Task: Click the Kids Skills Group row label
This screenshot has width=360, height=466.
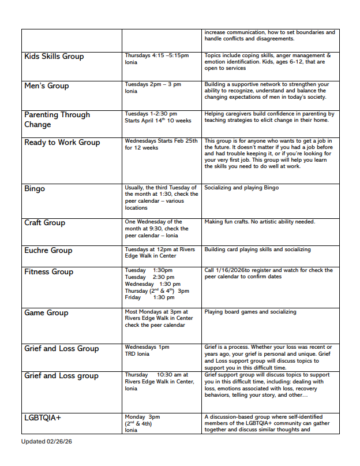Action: (54, 57)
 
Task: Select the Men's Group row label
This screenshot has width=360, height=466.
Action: (46, 86)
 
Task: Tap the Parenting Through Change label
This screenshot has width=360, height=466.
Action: (57, 120)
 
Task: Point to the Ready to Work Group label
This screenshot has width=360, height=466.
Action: (62, 143)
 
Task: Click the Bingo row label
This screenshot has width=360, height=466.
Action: (35, 189)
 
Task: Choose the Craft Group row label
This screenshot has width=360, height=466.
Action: (44, 223)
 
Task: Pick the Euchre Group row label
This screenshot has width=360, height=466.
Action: (48, 251)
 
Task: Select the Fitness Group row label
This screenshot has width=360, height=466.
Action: (48, 272)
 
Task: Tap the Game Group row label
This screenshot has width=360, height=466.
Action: (46, 313)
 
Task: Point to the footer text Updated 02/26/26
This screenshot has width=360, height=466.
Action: (47, 442)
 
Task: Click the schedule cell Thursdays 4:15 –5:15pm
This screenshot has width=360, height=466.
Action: (156, 55)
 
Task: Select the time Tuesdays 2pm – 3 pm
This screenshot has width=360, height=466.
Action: (152, 84)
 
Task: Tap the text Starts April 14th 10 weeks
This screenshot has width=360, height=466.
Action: (157, 121)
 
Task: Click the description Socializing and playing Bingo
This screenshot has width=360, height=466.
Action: (241, 188)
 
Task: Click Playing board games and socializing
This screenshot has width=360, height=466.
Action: (250, 312)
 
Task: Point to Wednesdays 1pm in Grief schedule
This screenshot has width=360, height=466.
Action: (147, 348)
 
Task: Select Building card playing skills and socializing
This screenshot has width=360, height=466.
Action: (257, 249)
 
